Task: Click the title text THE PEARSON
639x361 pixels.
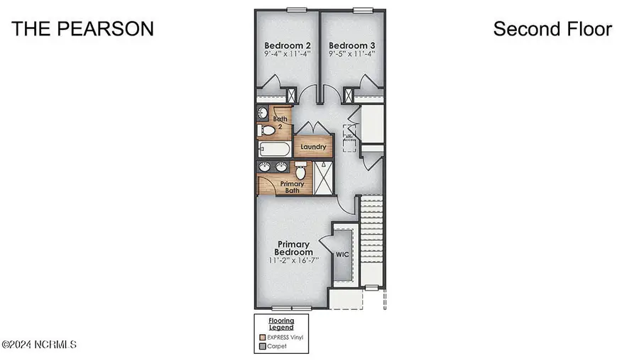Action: (x=82, y=29)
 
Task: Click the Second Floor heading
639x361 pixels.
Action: (x=552, y=29)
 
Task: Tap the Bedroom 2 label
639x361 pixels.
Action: (x=288, y=46)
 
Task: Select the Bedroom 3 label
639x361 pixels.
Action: (x=351, y=46)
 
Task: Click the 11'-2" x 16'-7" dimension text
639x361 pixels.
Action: (x=294, y=260)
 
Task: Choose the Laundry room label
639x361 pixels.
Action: (x=313, y=148)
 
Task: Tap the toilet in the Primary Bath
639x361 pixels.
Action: (x=302, y=171)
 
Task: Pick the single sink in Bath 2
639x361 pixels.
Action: (x=262, y=113)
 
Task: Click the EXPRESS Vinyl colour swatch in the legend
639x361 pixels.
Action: (x=262, y=338)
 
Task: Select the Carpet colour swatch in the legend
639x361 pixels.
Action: (x=262, y=347)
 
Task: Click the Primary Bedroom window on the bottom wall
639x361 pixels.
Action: (x=292, y=307)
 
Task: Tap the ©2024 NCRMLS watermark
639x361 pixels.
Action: (x=39, y=345)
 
